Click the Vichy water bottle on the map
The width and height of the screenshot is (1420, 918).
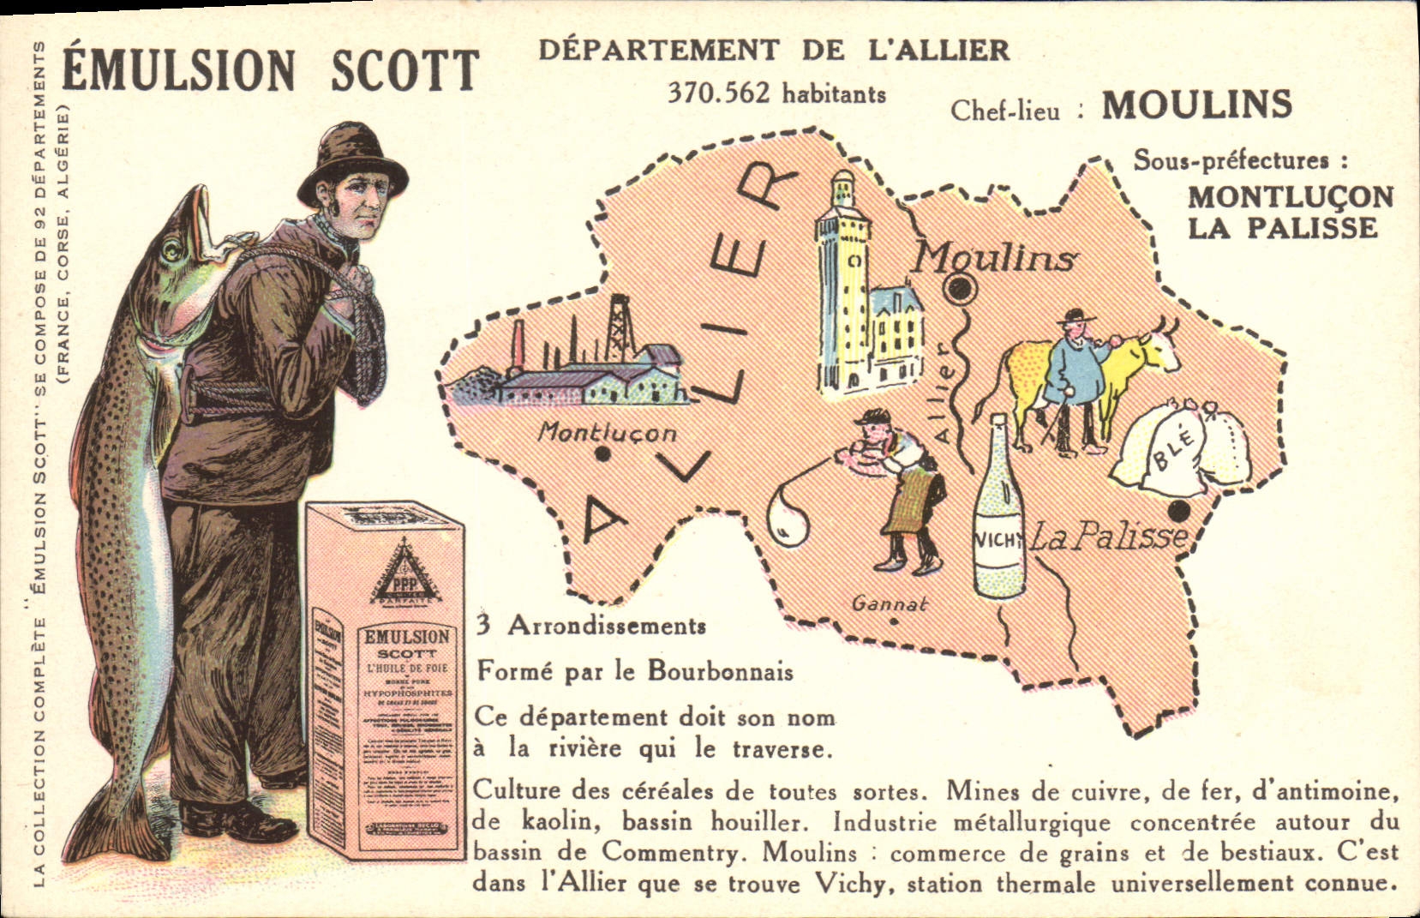(999, 514)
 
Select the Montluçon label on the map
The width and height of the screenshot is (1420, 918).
(606, 433)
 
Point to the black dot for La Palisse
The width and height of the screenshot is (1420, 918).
(1179, 513)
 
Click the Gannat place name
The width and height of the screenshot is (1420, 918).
(890, 604)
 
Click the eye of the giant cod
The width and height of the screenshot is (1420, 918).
(172, 250)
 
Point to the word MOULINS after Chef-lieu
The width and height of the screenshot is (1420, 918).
(1196, 105)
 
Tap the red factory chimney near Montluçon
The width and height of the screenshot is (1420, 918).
(518, 347)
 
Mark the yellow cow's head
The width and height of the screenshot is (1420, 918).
(1157, 347)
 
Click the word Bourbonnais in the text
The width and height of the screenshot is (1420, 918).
(720, 671)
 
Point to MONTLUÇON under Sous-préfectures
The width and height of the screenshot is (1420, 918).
(1290, 197)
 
